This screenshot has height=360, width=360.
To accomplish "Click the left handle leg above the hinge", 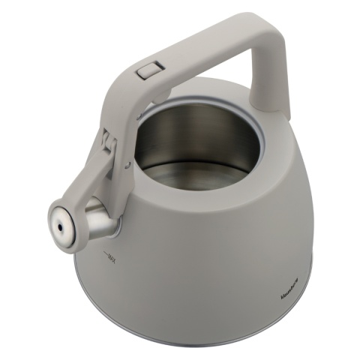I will pyautogui.click(x=131, y=105).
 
